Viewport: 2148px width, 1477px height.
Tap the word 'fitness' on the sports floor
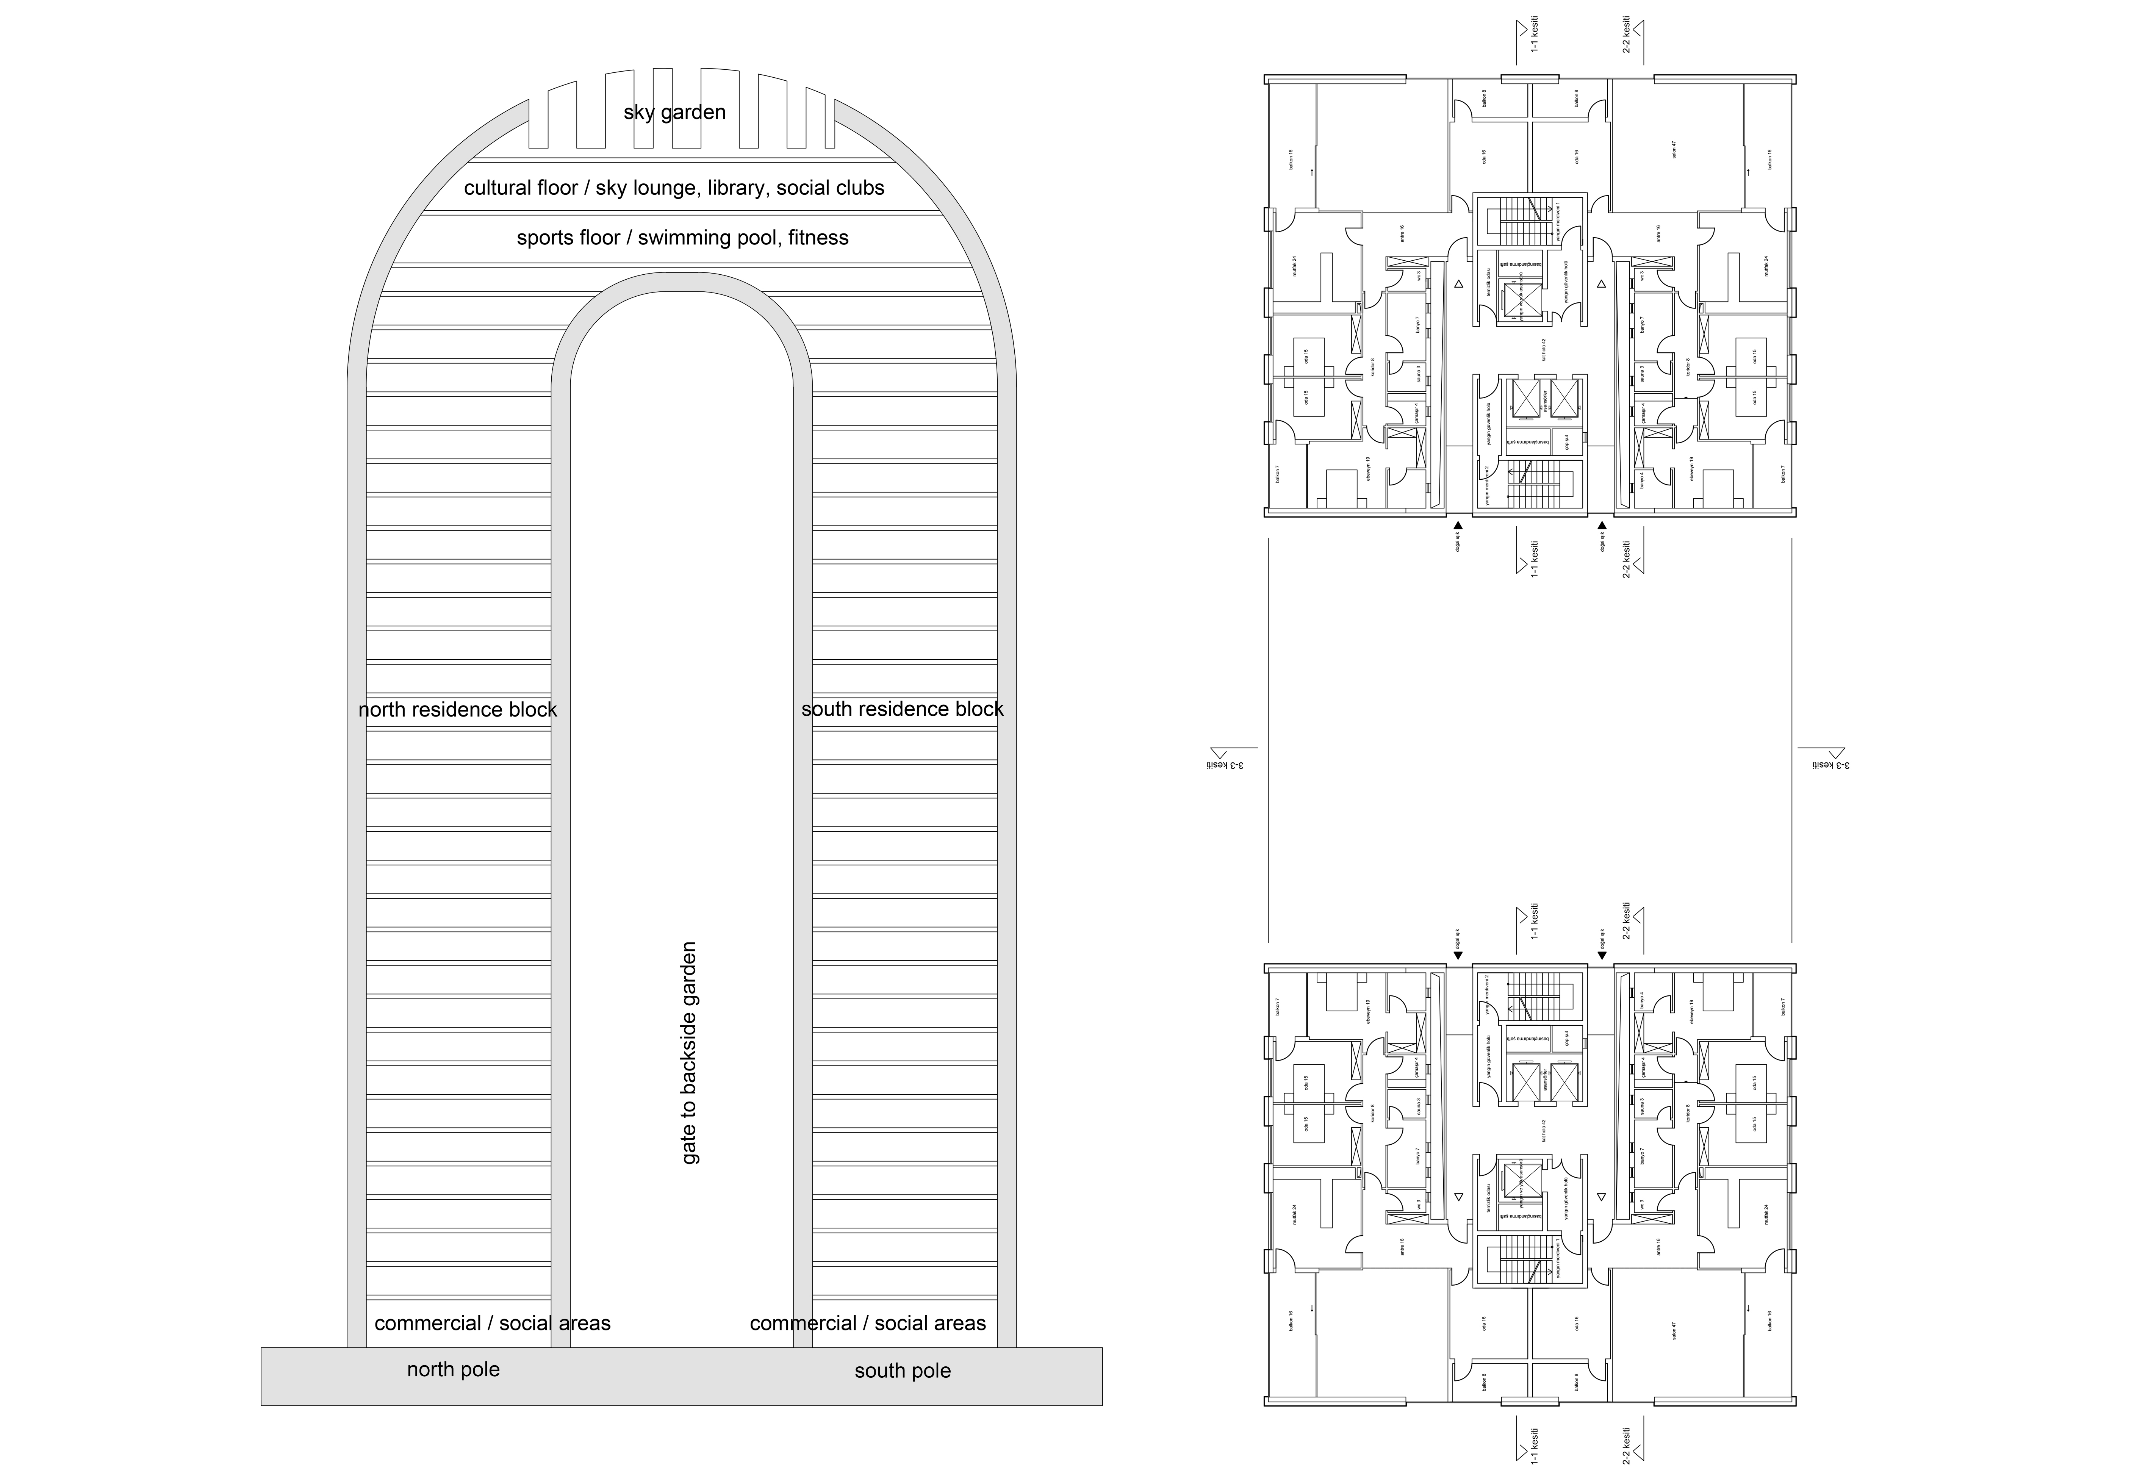coord(818,238)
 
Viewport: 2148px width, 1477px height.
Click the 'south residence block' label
coord(902,709)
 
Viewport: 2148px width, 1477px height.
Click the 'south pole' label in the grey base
coord(902,1371)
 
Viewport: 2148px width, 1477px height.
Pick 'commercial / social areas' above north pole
coord(492,1324)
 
